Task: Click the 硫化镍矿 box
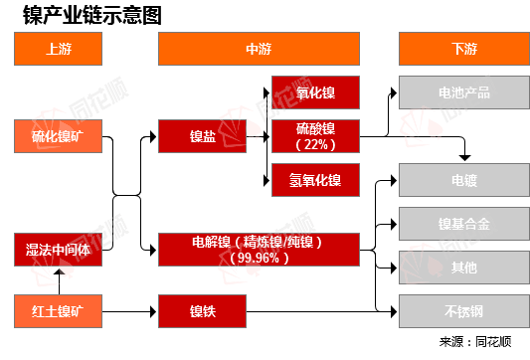pos(59,136)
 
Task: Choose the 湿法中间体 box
pos(59,249)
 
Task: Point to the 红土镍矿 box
pos(59,311)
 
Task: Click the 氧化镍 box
pos(315,93)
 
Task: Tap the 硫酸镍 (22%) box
pos(315,136)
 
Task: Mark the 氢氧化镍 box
pos(315,180)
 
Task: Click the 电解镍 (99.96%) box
pos(257,249)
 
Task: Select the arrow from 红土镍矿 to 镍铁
pos(129,311)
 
